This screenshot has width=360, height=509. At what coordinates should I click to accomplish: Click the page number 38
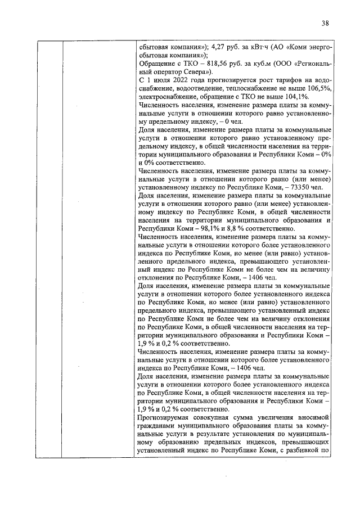coord(325,23)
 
